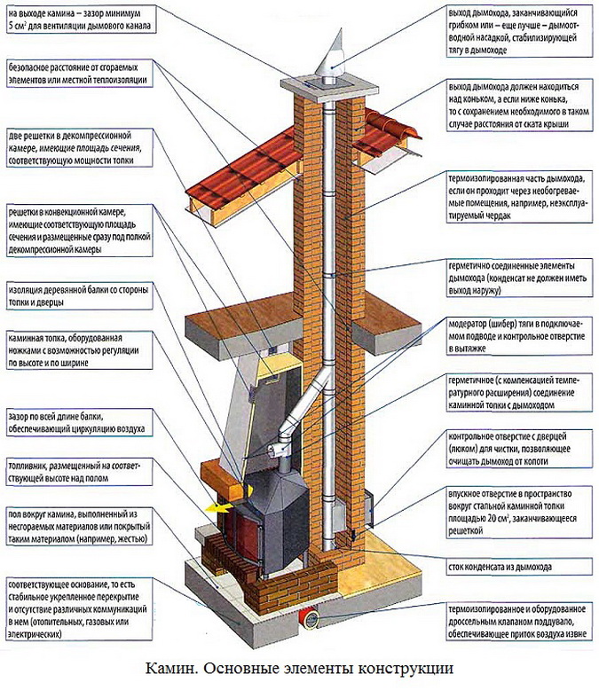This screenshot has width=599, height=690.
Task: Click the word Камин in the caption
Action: pos(174,668)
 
